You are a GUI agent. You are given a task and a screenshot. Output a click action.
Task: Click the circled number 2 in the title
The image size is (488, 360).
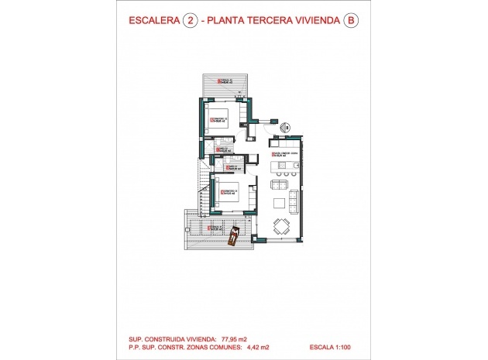click(187, 22)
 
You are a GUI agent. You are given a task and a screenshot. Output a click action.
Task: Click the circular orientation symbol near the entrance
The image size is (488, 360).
click(284, 126)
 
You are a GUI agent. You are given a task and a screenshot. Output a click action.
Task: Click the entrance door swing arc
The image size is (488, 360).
click(268, 117)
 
